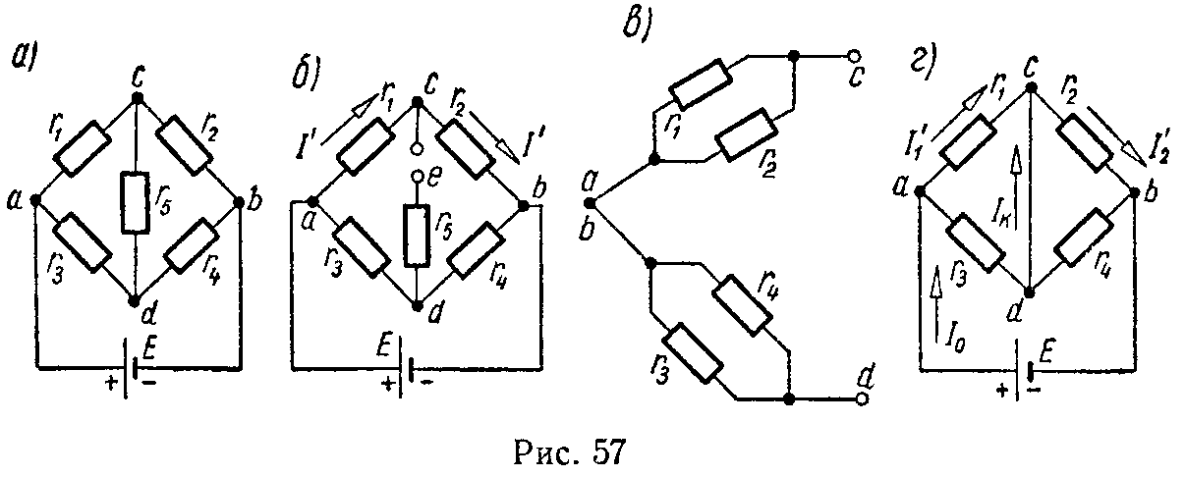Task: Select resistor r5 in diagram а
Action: (136, 202)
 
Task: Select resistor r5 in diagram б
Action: (417, 236)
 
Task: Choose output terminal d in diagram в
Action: (862, 399)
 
